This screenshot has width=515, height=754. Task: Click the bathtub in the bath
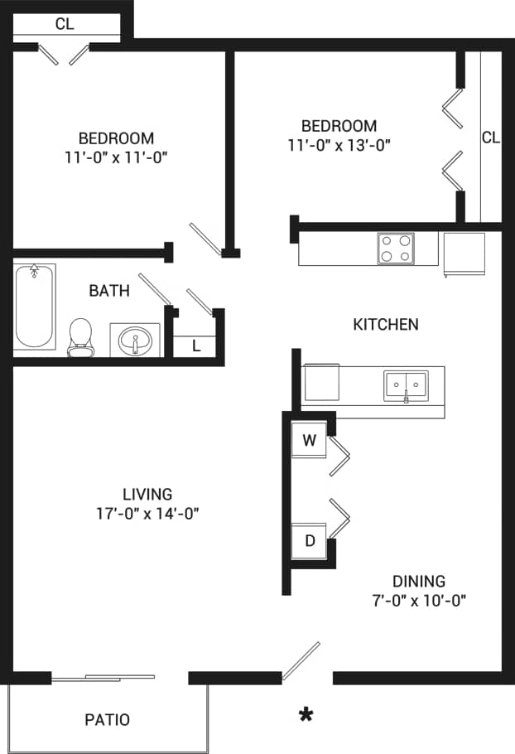[x=35, y=307]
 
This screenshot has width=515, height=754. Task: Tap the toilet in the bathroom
[x=80, y=338]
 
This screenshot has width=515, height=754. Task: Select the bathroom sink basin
[x=135, y=340]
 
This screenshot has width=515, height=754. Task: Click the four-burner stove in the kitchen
[x=396, y=248]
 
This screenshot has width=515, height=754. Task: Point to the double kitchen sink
[x=406, y=385]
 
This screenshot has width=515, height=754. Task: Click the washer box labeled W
[x=309, y=440]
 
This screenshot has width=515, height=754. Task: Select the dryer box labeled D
[x=309, y=541]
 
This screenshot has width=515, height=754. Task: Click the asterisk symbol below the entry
[x=306, y=714]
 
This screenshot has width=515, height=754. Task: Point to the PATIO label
[x=108, y=719]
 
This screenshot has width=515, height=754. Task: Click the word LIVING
[x=147, y=494]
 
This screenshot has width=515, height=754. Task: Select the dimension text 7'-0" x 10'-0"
[x=419, y=601]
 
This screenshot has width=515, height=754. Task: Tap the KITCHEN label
[x=386, y=324]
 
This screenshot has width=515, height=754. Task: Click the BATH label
[x=109, y=291]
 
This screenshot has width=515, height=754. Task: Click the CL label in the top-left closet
[x=65, y=24]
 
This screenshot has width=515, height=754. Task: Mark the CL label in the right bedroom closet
[x=491, y=138]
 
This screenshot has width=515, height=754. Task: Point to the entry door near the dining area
[x=301, y=660]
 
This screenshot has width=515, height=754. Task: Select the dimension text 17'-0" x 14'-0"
[x=147, y=514]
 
